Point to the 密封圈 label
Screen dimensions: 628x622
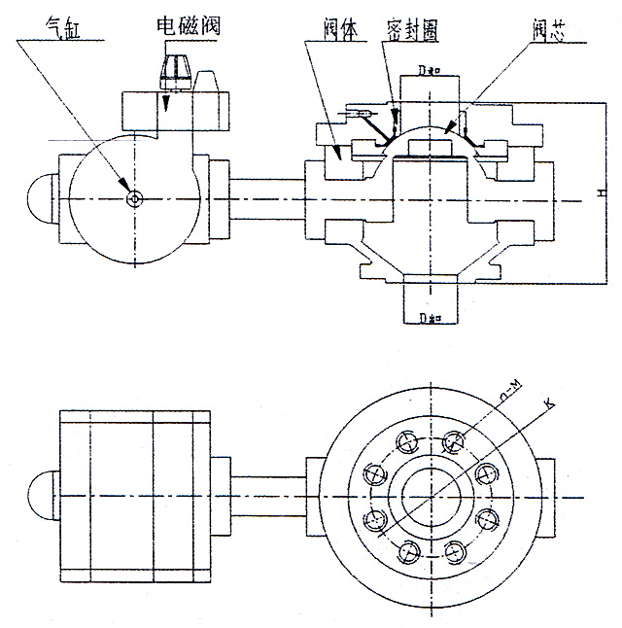point(407,30)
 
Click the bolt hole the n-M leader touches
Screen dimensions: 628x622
point(451,444)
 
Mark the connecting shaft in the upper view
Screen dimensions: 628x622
point(267,198)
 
